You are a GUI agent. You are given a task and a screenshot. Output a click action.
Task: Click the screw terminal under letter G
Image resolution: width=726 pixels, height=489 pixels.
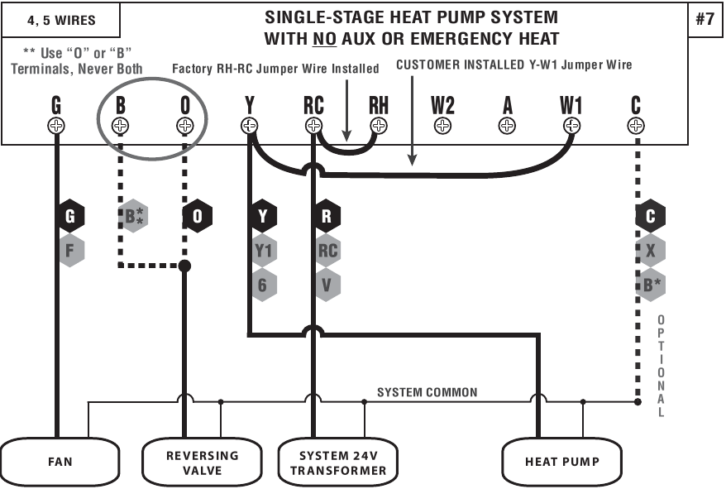pyautogui.click(x=56, y=126)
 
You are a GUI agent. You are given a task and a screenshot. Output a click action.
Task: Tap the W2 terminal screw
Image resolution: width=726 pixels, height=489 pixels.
pyautogui.click(x=442, y=126)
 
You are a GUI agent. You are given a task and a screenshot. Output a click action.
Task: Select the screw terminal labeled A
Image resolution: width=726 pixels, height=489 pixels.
pyautogui.click(x=507, y=126)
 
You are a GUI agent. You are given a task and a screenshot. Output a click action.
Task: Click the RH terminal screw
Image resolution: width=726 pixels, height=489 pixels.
pyautogui.click(x=379, y=126)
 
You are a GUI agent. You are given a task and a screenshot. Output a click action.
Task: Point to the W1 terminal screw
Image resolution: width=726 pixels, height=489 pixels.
pyautogui.click(x=571, y=126)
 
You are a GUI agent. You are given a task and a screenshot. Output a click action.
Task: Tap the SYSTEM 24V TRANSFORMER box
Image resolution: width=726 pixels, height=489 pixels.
pyautogui.click(x=337, y=462)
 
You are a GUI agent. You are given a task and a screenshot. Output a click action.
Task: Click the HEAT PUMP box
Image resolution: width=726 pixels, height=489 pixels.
pyautogui.click(x=561, y=461)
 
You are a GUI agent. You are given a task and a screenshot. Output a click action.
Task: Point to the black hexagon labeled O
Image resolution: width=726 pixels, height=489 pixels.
pyautogui.click(x=197, y=217)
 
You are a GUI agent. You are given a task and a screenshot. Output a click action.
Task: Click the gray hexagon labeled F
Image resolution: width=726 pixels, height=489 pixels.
pyautogui.click(x=70, y=251)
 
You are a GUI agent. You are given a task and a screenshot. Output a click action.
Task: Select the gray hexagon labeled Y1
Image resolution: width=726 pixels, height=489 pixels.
pyautogui.click(x=263, y=251)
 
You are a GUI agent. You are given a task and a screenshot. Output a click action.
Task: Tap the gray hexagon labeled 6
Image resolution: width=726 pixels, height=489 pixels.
pyautogui.click(x=263, y=285)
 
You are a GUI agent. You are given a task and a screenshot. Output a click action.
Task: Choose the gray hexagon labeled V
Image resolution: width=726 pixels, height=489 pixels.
pyautogui.click(x=327, y=285)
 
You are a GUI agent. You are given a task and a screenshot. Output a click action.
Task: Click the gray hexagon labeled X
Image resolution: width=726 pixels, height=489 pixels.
pyautogui.click(x=651, y=251)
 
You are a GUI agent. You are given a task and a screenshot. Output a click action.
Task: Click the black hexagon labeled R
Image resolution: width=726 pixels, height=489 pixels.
pyautogui.click(x=327, y=217)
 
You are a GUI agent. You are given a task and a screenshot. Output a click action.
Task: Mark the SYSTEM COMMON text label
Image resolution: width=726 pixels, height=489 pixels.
pyautogui.click(x=427, y=392)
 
